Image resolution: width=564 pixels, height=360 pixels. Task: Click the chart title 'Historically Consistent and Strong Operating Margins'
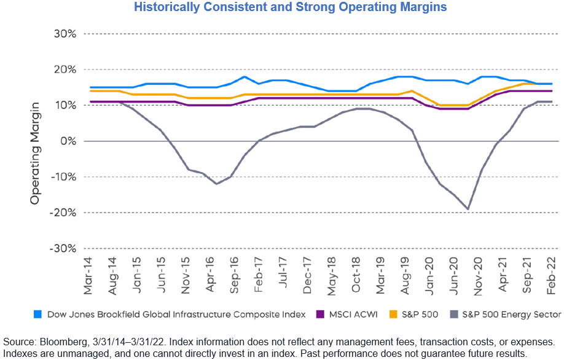tap(282, 8)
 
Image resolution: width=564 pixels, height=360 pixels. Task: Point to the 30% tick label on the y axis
tap(64, 34)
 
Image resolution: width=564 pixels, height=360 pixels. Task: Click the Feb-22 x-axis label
tap(551, 275)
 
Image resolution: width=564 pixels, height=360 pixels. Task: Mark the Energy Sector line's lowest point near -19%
tap(469, 209)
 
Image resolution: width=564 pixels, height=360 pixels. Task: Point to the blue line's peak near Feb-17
tap(245, 77)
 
